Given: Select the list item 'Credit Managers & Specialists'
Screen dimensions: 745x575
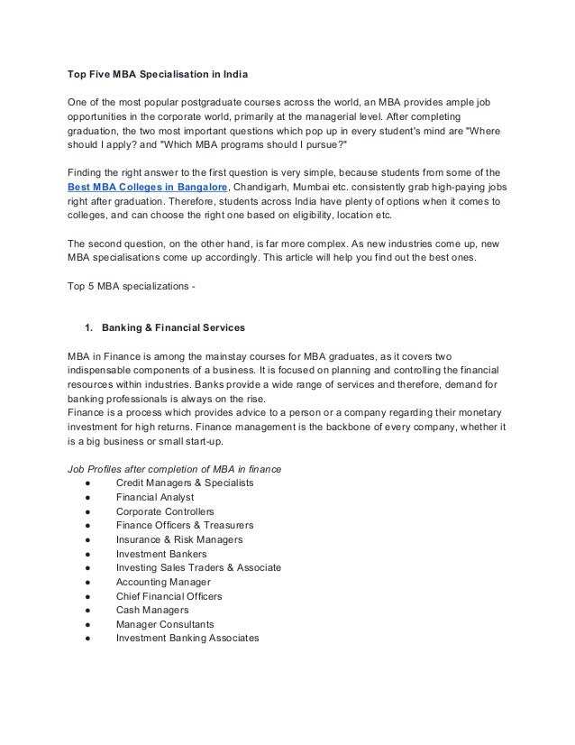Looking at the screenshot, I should coord(185,483).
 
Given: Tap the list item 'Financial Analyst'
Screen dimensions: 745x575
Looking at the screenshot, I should coord(155,497).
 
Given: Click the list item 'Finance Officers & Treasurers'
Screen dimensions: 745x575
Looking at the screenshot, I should coord(185,525).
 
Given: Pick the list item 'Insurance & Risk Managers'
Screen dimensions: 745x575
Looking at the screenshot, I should coord(179,539).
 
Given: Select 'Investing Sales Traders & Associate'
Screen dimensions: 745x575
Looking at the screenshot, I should coord(198,567).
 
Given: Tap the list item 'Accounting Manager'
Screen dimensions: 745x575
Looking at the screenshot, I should coord(164,582).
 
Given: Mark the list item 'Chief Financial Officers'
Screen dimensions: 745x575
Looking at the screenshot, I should coord(169,596).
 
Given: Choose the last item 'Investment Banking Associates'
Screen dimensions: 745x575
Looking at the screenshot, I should coord(187,639).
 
